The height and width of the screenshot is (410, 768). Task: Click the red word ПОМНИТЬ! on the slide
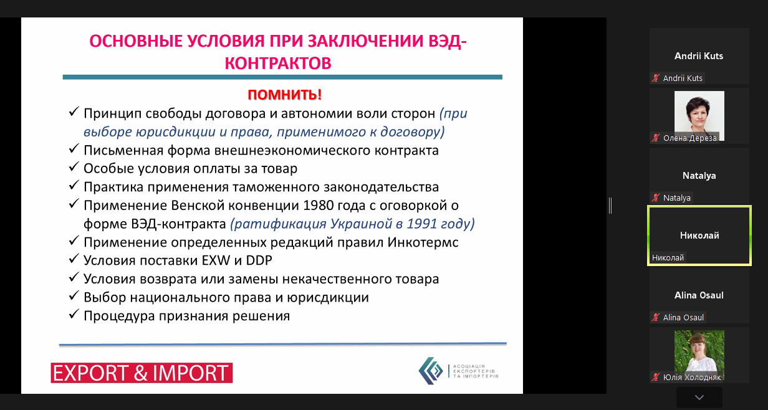(284, 95)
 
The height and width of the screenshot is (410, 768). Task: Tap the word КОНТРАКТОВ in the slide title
(278, 63)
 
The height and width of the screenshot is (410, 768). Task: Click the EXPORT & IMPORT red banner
(142, 373)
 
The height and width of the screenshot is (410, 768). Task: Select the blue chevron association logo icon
(431, 371)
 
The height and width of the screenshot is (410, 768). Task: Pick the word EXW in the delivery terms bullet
(216, 260)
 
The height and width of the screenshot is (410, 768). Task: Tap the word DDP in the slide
(259, 260)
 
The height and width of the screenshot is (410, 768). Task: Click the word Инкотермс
(423, 242)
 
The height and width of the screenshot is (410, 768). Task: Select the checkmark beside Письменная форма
(74, 149)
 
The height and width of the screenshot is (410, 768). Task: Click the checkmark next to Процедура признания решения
(74, 314)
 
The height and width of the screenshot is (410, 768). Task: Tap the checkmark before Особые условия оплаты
(74, 167)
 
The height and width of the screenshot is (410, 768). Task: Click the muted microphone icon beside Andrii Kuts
(656, 78)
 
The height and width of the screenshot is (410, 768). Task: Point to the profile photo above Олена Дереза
(699, 115)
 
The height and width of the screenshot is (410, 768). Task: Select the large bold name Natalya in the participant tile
(699, 176)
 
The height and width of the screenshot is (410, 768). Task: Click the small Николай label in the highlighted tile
(668, 257)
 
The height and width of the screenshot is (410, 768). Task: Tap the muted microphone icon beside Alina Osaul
(656, 317)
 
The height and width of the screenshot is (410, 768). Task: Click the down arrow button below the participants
(699, 398)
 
